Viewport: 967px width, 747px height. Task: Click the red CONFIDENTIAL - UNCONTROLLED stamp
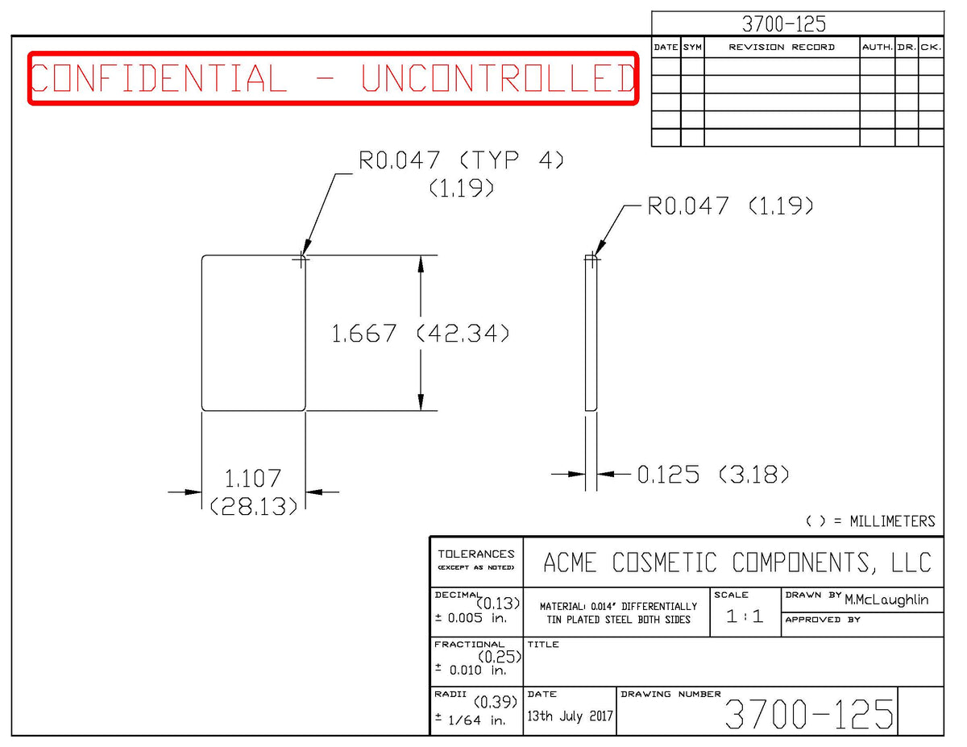333,78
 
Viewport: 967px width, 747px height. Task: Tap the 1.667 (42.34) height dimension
420,334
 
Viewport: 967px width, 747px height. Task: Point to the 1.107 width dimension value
253,479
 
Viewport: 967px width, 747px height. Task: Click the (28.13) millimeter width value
253,506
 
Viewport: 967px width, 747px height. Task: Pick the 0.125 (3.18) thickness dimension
713,475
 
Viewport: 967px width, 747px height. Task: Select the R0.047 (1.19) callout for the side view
730,206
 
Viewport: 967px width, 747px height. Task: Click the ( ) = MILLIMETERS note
870,521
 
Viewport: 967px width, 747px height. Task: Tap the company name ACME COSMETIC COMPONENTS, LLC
737,562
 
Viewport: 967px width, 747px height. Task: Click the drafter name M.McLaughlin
886,600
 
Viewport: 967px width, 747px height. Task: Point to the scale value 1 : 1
745,616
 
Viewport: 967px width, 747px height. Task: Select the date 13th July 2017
570,716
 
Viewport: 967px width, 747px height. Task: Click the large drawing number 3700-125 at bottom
809,714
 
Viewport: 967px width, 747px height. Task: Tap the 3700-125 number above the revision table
783,24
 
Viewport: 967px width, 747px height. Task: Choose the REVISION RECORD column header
782,48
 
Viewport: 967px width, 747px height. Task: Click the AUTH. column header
877,48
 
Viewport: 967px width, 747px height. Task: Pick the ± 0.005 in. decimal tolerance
471,618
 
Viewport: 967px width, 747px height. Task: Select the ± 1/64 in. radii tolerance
471,720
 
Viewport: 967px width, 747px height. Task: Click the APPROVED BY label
823,620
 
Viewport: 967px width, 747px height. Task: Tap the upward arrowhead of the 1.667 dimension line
421,264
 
